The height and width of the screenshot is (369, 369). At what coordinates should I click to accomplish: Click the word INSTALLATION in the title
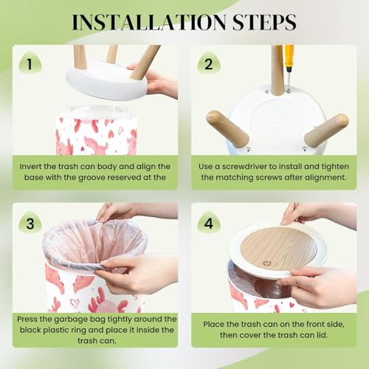point(149,22)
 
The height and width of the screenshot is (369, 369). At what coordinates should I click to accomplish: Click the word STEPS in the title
point(264,22)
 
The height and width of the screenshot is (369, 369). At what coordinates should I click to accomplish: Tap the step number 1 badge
point(30,63)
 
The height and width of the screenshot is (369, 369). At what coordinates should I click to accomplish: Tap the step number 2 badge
point(209,63)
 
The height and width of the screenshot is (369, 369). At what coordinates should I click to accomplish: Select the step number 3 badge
point(30,223)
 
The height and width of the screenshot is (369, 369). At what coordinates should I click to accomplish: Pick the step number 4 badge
point(209,223)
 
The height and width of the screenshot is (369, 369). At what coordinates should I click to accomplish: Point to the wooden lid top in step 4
point(278,249)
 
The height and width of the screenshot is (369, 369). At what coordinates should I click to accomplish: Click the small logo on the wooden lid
point(266,263)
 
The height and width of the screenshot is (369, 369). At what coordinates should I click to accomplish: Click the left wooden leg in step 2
point(227,128)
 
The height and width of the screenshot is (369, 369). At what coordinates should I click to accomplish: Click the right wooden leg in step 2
point(326,130)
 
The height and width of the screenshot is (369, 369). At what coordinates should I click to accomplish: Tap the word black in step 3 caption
point(30,330)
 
